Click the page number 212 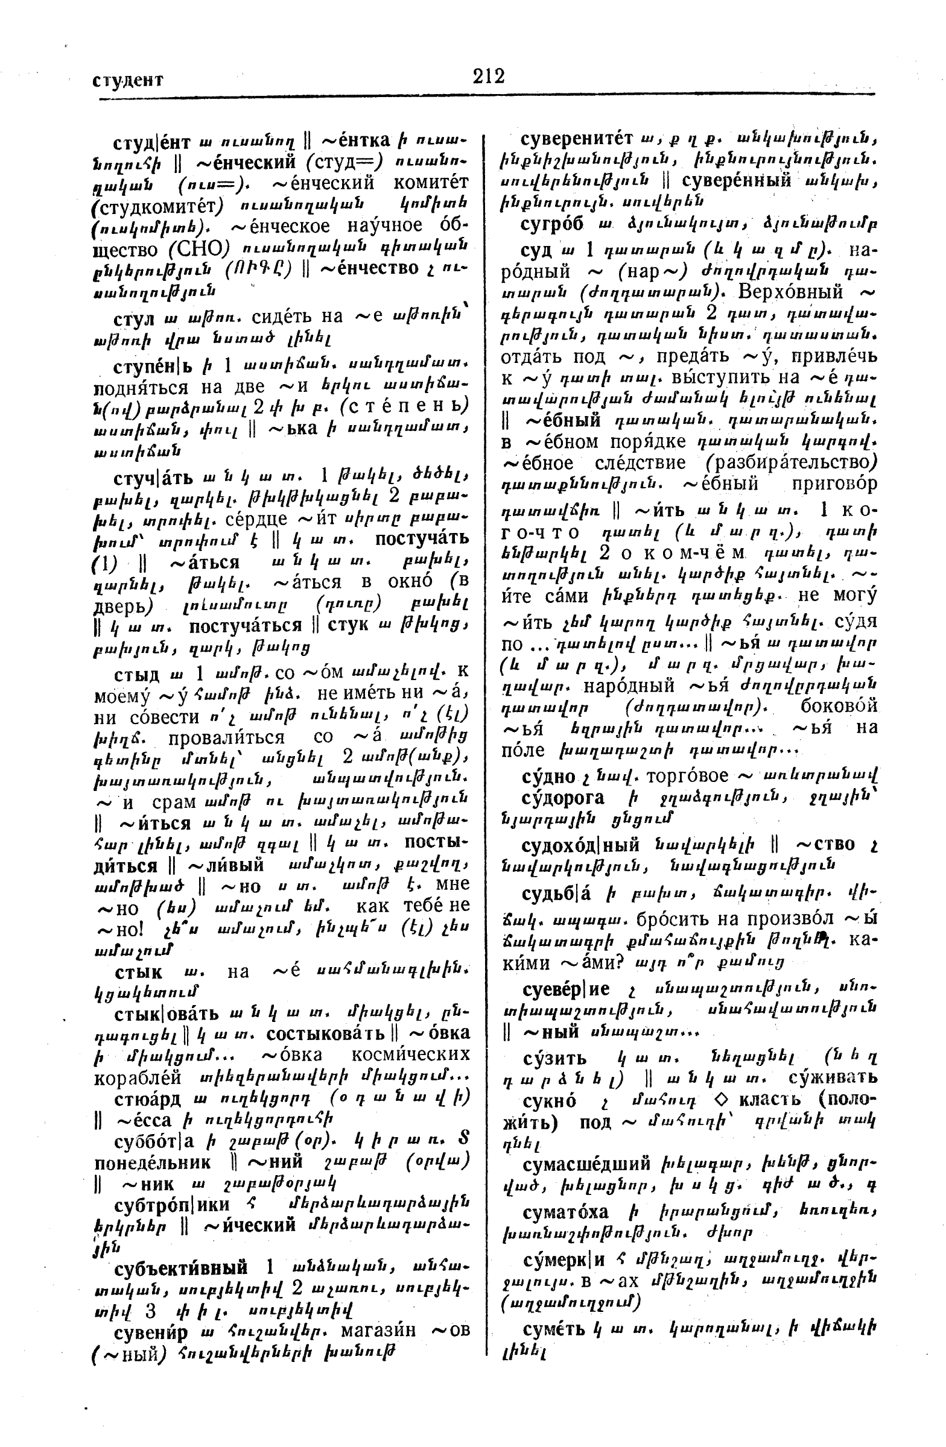(x=489, y=77)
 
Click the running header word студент (x=129, y=80)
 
